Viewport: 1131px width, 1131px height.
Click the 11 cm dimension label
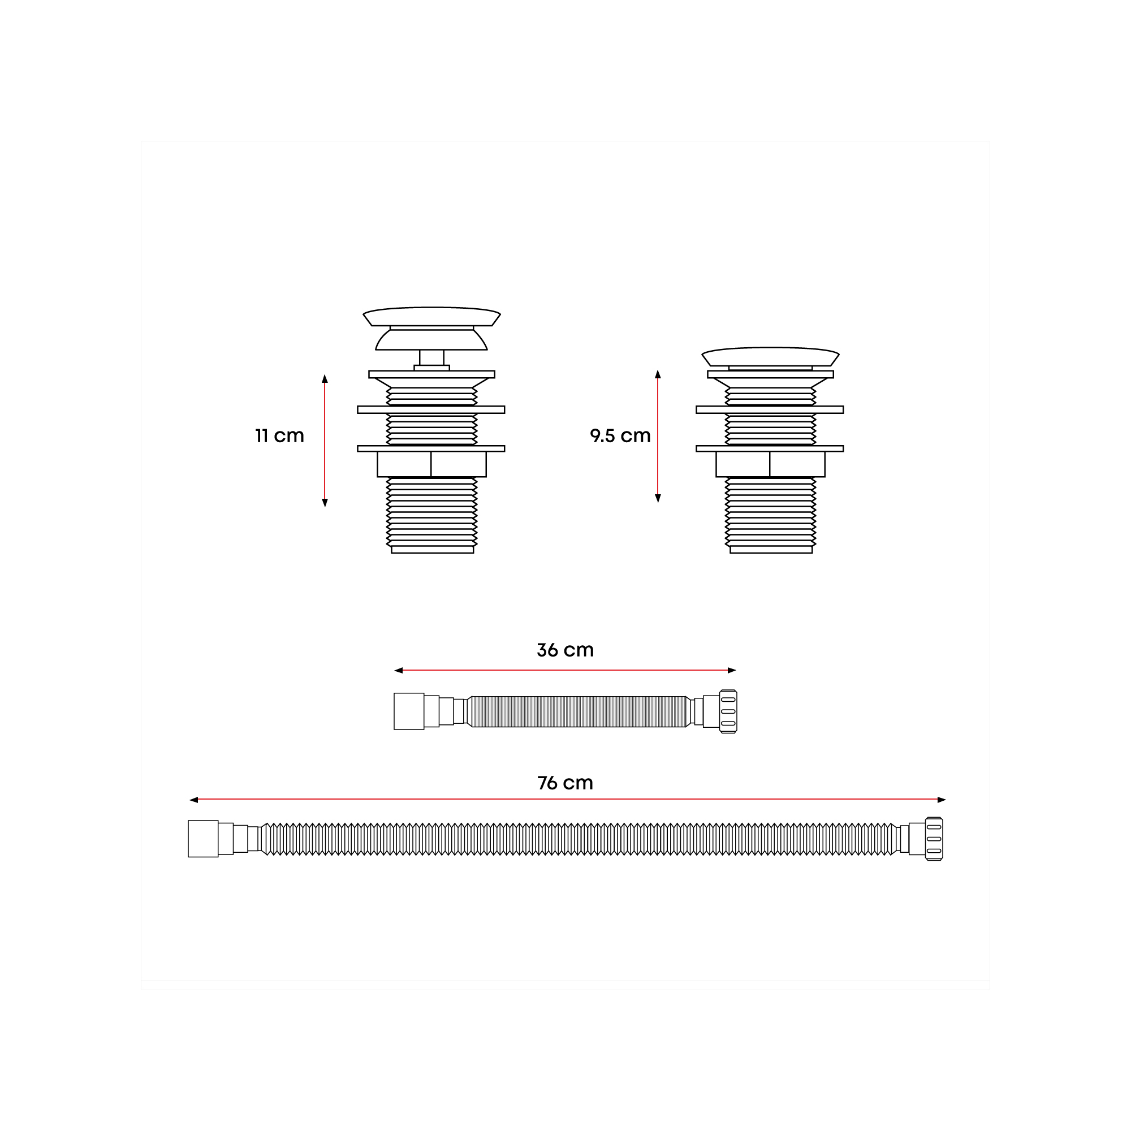point(279,436)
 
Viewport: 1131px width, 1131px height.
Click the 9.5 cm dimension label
point(620,436)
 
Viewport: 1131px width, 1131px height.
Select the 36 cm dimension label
point(565,650)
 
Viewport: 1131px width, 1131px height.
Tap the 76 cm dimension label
point(565,783)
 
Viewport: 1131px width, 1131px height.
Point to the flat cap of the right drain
point(770,356)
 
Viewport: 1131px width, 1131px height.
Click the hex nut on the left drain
point(431,464)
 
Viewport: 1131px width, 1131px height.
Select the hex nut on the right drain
point(770,464)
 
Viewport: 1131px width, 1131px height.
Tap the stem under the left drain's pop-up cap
point(431,358)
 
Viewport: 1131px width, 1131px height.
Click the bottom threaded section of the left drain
point(432,515)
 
